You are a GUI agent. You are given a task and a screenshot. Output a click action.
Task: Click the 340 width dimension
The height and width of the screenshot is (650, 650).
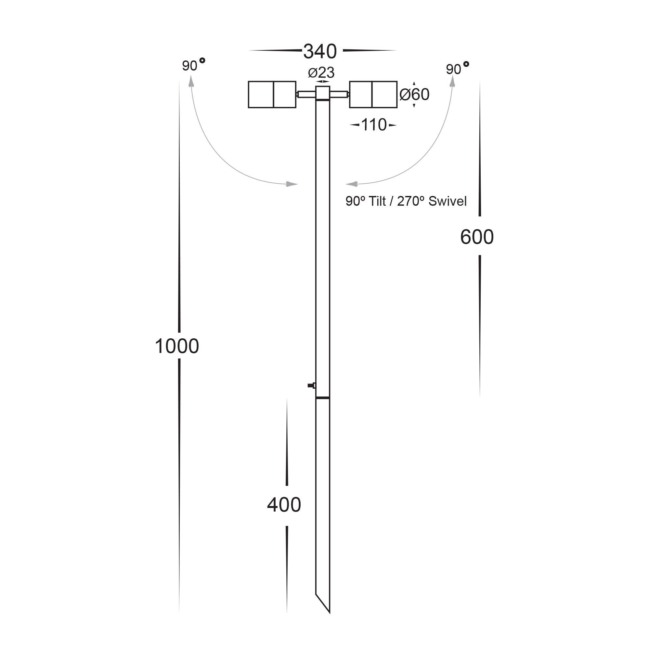tap(319, 51)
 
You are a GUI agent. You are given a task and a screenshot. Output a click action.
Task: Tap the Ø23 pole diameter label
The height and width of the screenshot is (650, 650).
tap(321, 73)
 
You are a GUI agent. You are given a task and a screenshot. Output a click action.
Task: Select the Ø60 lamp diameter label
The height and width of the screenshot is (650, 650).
tap(414, 95)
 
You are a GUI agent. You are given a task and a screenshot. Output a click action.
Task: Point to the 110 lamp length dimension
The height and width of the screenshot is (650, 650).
tap(374, 125)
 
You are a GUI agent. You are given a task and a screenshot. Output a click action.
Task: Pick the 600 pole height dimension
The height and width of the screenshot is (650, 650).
tap(477, 237)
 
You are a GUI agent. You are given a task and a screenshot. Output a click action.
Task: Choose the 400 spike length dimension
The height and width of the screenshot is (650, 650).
tap(284, 505)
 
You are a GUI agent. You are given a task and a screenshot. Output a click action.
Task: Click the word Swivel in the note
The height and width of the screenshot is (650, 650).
tap(448, 201)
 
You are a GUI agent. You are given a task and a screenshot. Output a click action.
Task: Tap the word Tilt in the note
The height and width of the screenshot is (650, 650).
tap(377, 201)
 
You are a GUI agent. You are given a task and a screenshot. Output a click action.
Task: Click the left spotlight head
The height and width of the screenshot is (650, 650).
tap(272, 95)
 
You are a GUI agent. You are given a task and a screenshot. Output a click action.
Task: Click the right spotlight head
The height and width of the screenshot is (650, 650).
tap(373, 95)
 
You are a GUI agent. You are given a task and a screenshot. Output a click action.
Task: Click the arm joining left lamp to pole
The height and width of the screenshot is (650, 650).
tap(306, 95)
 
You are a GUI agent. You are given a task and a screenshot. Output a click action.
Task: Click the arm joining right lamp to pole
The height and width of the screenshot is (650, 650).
tap(339, 95)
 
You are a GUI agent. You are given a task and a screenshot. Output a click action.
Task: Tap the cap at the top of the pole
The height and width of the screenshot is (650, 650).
tap(323, 93)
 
